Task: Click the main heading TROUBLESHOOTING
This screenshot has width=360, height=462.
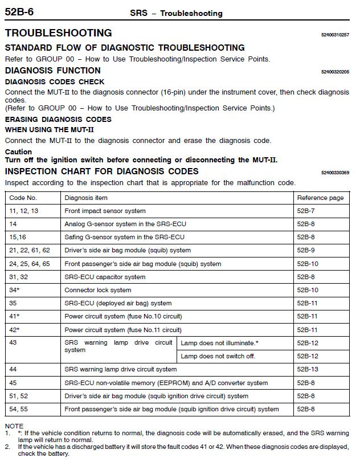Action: coord(58,33)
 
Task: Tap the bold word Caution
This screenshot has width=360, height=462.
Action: coord(18,152)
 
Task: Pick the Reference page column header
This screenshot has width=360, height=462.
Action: coord(320,198)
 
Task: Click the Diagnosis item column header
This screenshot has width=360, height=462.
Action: coord(86,198)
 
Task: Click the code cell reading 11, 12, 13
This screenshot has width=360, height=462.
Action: coord(24,211)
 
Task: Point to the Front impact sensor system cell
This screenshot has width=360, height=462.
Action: coord(105,211)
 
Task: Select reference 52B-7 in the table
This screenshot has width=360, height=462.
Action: coord(306,211)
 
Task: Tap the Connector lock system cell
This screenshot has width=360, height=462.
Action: coord(98,290)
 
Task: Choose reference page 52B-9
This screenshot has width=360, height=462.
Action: coord(306,250)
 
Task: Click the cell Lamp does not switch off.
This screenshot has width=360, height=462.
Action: coord(218,356)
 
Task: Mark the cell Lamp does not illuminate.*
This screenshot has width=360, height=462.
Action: coord(219,343)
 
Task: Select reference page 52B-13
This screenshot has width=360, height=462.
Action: coord(308,369)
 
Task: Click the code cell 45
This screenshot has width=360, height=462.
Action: coord(14,383)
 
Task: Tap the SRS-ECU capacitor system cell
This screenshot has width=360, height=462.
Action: coord(105,277)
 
